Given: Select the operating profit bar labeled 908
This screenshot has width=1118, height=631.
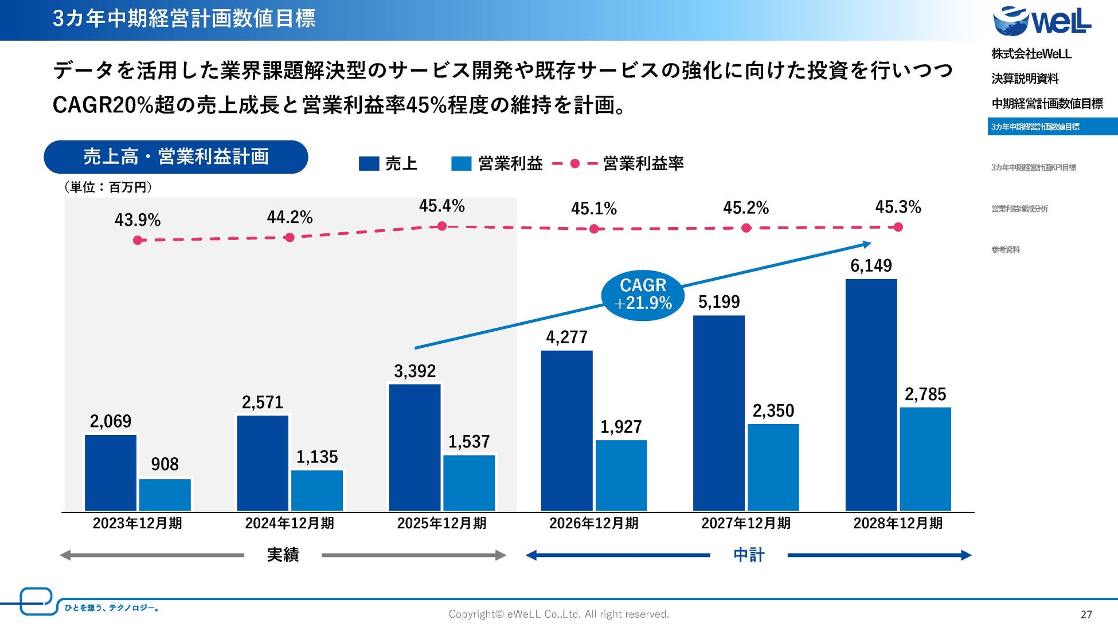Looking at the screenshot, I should click(x=165, y=495).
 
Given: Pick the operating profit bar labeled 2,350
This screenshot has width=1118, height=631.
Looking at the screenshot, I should click(x=773, y=467).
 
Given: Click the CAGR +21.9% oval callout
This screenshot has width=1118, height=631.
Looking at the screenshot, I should click(x=643, y=295).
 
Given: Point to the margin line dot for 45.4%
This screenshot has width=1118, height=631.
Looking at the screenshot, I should click(x=441, y=226).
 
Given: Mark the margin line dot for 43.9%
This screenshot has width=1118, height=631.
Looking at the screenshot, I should click(x=138, y=240).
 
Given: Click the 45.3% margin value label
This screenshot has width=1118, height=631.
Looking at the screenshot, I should click(x=898, y=207).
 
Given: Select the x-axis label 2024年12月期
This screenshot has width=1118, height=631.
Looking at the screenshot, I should click(x=290, y=523).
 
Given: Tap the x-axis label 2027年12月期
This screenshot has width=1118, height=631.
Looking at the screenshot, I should click(x=745, y=523).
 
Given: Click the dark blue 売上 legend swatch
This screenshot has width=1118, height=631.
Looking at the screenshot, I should click(x=369, y=164).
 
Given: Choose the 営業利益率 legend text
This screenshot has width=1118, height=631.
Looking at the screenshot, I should click(x=643, y=164).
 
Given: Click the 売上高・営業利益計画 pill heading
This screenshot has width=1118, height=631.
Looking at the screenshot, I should click(x=176, y=157).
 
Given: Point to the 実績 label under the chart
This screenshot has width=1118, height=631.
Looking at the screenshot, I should click(x=283, y=555).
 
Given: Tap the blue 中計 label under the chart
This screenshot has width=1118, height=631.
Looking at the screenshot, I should click(x=748, y=555).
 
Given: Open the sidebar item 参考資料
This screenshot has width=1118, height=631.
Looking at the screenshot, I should click(x=1006, y=249).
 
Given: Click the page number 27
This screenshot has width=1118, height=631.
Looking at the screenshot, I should click(x=1086, y=614).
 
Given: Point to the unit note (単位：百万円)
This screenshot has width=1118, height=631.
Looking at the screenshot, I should click(x=108, y=187).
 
